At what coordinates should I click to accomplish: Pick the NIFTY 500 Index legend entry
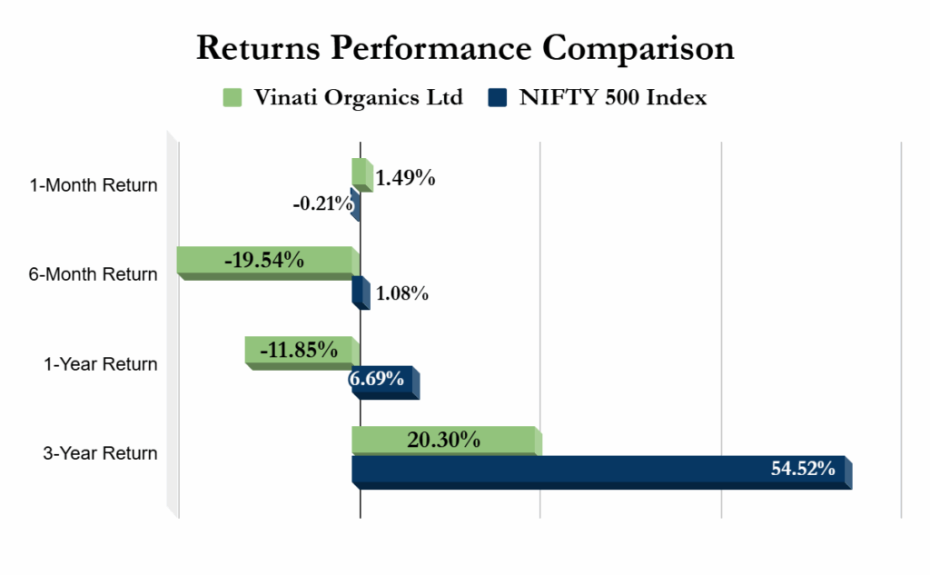click(x=612, y=97)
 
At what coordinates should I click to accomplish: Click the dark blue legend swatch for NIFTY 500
click(x=498, y=97)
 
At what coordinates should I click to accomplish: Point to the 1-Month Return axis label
click(x=94, y=185)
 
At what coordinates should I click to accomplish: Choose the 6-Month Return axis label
click(x=94, y=274)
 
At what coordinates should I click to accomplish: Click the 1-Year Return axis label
click(x=101, y=364)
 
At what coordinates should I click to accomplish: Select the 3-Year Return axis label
click(x=100, y=453)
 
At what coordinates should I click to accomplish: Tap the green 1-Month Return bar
click(x=361, y=173)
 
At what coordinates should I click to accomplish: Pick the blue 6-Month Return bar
click(x=360, y=292)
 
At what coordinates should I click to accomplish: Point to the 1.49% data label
click(x=406, y=178)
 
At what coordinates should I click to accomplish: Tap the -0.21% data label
click(x=322, y=203)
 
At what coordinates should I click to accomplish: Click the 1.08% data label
click(x=401, y=293)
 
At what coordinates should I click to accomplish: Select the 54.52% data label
click(x=803, y=470)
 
